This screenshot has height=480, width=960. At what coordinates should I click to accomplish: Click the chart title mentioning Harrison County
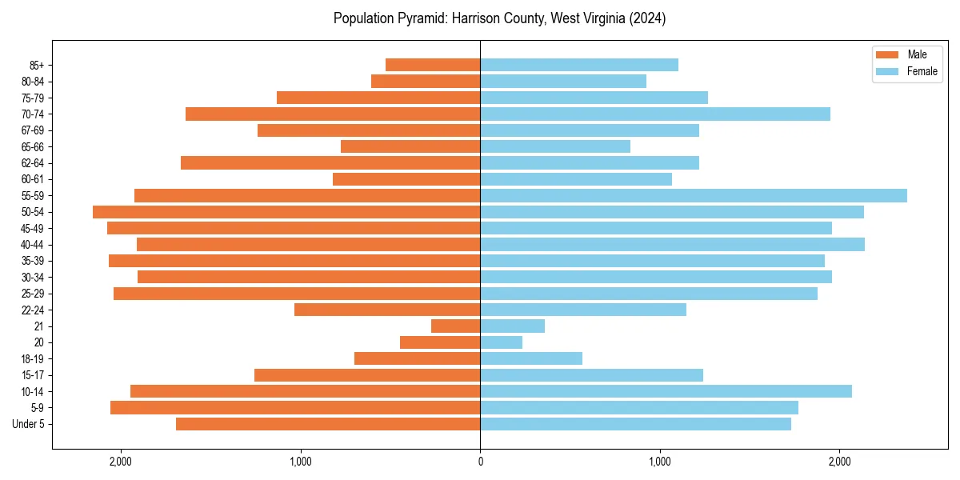tap(499, 18)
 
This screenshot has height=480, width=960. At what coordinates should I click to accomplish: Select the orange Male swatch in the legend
tap(887, 54)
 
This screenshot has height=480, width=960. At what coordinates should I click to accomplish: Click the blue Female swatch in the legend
tap(887, 71)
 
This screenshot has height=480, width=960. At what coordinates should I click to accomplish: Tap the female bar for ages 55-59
tap(693, 195)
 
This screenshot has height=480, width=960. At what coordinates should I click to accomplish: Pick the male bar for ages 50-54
tap(286, 212)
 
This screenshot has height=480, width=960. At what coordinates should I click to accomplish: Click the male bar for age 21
tap(455, 326)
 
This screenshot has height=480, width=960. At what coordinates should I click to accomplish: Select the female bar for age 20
tap(501, 342)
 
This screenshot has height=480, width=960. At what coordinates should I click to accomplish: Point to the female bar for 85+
tap(578, 65)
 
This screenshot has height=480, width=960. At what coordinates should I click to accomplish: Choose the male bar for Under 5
tap(328, 424)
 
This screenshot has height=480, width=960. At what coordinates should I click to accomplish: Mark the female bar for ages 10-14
tap(666, 391)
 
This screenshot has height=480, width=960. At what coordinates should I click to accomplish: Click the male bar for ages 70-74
tap(333, 114)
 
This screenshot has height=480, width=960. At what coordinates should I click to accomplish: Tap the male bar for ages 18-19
tap(417, 358)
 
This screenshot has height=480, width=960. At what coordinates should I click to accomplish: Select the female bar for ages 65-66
tap(554, 146)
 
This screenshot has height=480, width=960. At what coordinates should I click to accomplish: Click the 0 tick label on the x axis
tap(480, 462)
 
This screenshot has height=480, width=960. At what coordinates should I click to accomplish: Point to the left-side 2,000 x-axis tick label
tap(121, 462)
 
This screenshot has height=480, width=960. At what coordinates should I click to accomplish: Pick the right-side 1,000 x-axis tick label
tap(659, 462)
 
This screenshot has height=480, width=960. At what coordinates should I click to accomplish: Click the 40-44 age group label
tap(33, 245)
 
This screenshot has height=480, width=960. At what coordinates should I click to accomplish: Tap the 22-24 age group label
tap(33, 310)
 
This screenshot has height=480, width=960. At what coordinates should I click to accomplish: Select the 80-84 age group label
tap(33, 82)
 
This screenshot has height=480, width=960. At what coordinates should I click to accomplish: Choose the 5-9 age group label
tap(38, 408)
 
